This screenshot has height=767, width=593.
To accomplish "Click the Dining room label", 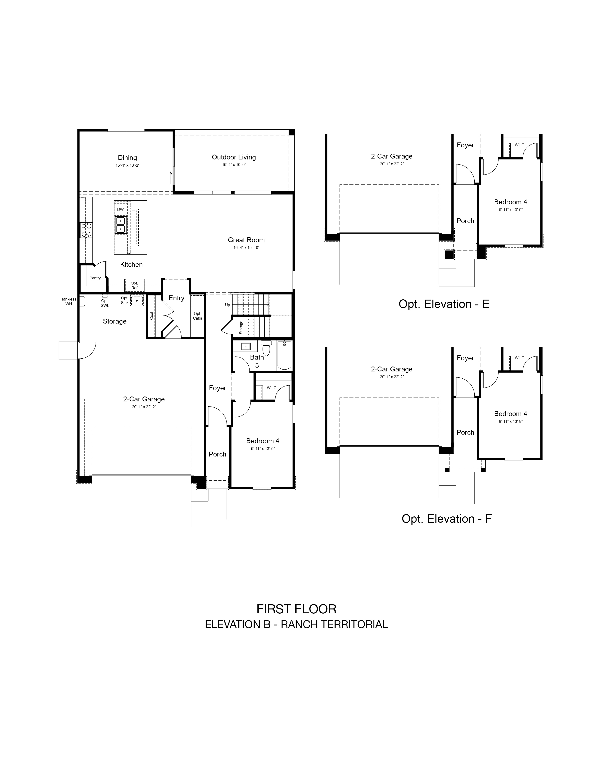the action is pyautogui.click(x=127, y=158).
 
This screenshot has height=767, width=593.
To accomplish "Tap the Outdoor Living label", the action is pyautogui.click(x=234, y=157).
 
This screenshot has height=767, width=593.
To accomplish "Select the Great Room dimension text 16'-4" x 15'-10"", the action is pyautogui.click(x=246, y=248).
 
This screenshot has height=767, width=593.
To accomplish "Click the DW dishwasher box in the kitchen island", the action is pyautogui.click(x=120, y=209).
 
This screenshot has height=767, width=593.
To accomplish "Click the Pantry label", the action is pyautogui.click(x=95, y=278).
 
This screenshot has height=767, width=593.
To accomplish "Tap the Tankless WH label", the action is pyautogui.click(x=69, y=301).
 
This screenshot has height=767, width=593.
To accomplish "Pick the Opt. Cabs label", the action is pyautogui.click(x=197, y=316).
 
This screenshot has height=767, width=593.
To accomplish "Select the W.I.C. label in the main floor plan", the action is pyautogui.click(x=272, y=388).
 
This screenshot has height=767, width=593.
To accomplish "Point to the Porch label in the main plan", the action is pyautogui.click(x=217, y=454).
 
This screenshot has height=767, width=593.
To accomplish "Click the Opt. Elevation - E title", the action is pyautogui.click(x=444, y=304).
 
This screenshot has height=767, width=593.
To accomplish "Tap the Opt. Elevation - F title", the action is pyautogui.click(x=446, y=519).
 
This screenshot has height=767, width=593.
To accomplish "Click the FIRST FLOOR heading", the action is pyautogui.click(x=296, y=609).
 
